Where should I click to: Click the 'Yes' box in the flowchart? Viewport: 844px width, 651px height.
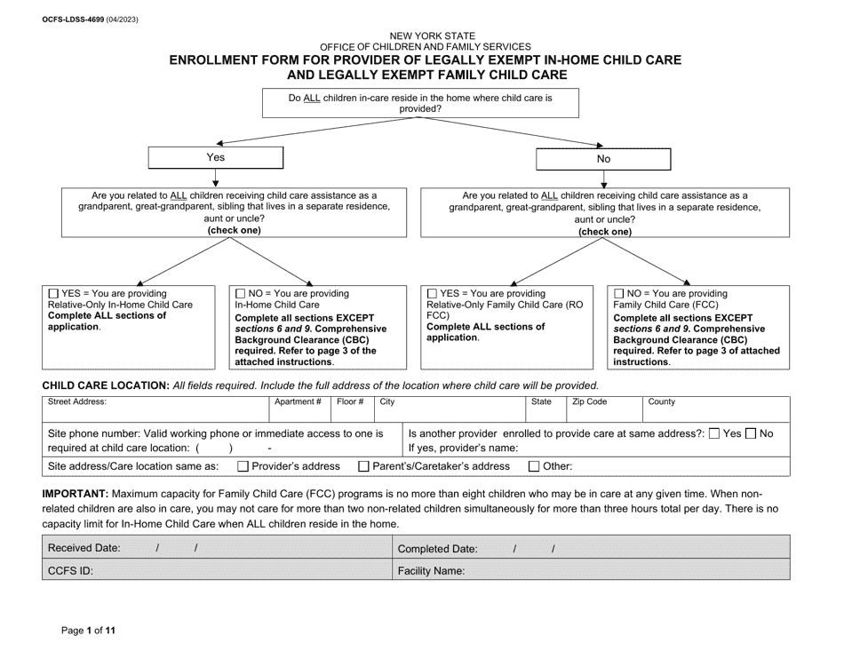coord(215,157)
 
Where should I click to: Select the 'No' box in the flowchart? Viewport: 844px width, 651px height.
coord(603,158)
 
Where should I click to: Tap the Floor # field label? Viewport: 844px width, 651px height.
coord(349,402)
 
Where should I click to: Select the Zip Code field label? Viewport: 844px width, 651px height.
coord(589,402)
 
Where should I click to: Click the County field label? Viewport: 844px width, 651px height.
coord(661,402)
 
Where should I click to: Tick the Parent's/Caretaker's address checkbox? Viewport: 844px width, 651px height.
coord(362,466)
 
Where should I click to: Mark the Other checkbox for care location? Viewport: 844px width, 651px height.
coord(534,466)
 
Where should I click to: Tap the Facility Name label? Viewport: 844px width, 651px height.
coord(431,571)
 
